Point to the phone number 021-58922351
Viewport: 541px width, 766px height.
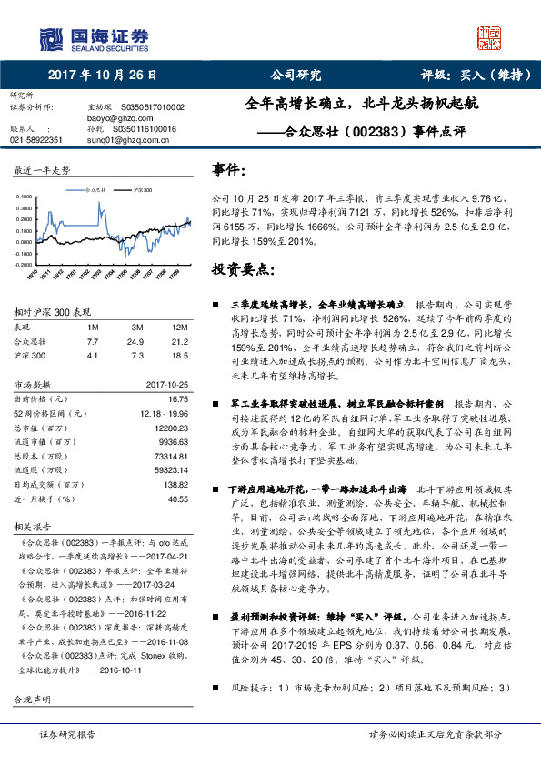35,140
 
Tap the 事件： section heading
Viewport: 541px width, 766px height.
227,170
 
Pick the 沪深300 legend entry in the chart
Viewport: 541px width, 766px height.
141,190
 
